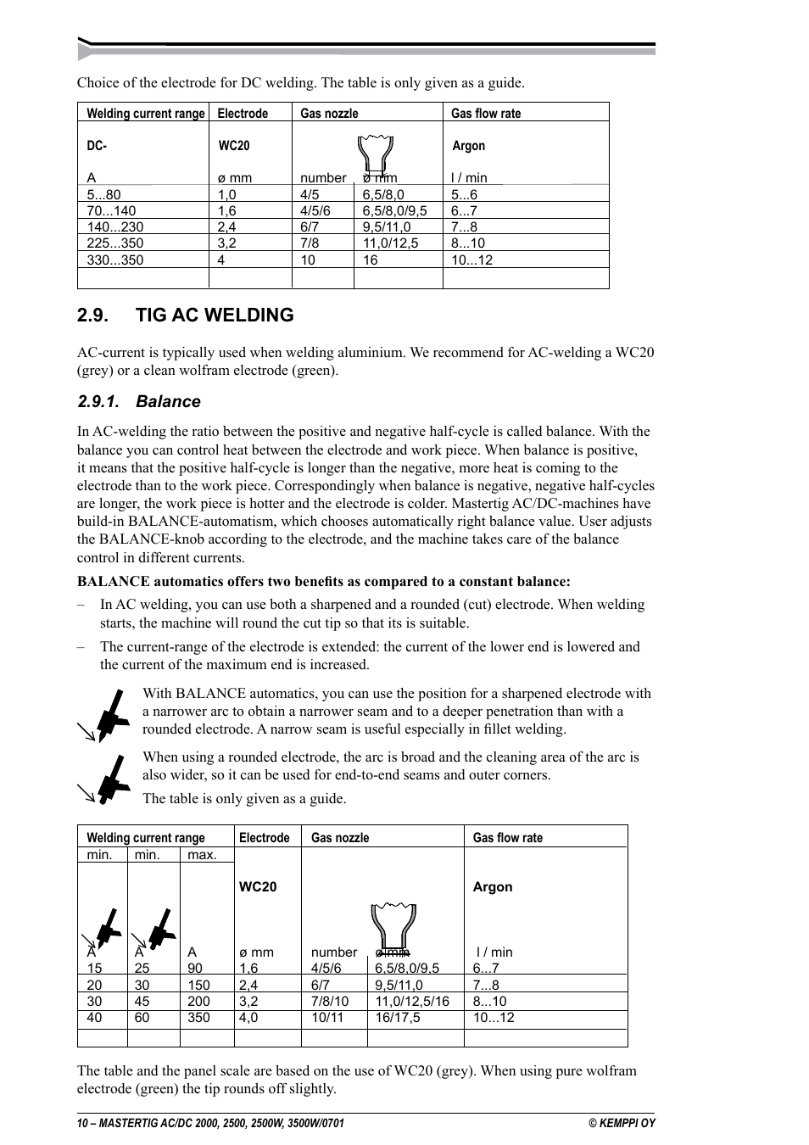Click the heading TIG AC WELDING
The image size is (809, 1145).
click(x=215, y=315)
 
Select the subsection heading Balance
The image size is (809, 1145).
click(x=168, y=402)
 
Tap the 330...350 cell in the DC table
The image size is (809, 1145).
click(x=115, y=260)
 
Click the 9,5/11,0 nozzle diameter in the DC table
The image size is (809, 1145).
click(x=387, y=227)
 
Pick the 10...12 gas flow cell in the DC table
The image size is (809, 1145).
click(x=471, y=260)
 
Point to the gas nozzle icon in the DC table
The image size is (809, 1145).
click(x=375, y=155)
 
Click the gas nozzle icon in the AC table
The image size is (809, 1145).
click(x=393, y=925)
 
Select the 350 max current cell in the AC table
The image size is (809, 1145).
click(x=198, y=1018)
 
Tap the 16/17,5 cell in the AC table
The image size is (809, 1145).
click(x=398, y=1018)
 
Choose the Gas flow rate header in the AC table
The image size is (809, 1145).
click(x=507, y=838)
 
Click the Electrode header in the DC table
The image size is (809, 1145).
click(x=243, y=114)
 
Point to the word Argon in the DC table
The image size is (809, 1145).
click(x=469, y=146)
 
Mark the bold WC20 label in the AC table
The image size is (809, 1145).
click(x=258, y=887)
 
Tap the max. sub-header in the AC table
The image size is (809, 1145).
click(x=202, y=855)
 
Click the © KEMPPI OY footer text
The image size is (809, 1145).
click(x=622, y=1123)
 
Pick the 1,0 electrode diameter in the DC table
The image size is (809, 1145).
click(x=226, y=195)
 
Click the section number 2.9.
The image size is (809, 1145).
click(x=92, y=315)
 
